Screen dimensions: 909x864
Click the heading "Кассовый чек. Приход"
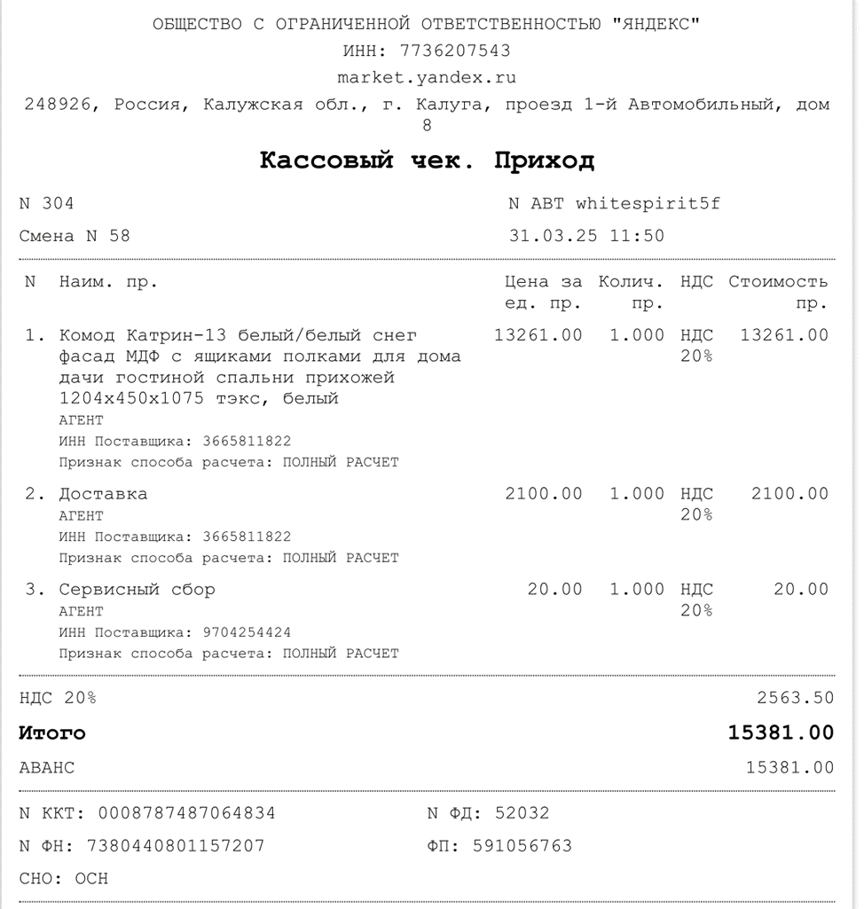point(427,161)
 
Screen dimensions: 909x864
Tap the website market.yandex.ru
point(427,77)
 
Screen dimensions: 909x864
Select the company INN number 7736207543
point(455,51)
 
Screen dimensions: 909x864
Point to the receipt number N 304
point(47,203)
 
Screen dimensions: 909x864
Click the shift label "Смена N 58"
point(75,236)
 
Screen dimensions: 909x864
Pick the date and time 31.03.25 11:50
point(586,236)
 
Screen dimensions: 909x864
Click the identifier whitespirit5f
point(648,203)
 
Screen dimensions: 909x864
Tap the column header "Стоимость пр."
point(778,292)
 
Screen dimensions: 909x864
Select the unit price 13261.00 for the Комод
point(538,334)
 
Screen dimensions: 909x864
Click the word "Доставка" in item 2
point(103,494)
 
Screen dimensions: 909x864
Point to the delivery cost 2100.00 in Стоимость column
point(789,494)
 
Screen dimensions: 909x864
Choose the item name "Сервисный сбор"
point(137,590)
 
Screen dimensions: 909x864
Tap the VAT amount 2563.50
point(795,697)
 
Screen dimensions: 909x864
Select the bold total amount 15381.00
point(781,733)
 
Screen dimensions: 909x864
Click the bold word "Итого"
point(52,733)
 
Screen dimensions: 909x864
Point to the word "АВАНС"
point(47,768)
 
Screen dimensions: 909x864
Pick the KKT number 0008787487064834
point(186,813)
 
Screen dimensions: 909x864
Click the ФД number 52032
point(522,813)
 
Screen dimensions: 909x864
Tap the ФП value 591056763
point(522,846)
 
